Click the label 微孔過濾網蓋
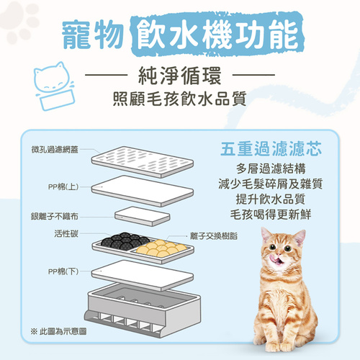click(x=55, y=150)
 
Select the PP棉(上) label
click(x=63, y=186)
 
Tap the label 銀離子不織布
click(x=55, y=216)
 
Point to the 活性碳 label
click(x=66, y=233)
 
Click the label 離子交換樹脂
click(x=214, y=236)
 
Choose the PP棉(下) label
click(x=63, y=271)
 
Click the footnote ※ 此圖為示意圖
click(x=58, y=332)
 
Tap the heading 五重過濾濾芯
click(x=271, y=149)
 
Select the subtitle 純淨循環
click(x=180, y=76)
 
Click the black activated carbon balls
click(x=125, y=241)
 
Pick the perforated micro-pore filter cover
click(x=143, y=162)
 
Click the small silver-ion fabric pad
click(x=143, y=216)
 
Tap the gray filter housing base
click(x=143, y=310)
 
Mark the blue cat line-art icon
click(x=55, y=86)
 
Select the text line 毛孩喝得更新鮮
click(x=271, y=215)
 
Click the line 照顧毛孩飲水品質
click(x=180, y=99)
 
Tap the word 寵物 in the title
click(x=93, y=35)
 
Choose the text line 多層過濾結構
click(x=271, y=168)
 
